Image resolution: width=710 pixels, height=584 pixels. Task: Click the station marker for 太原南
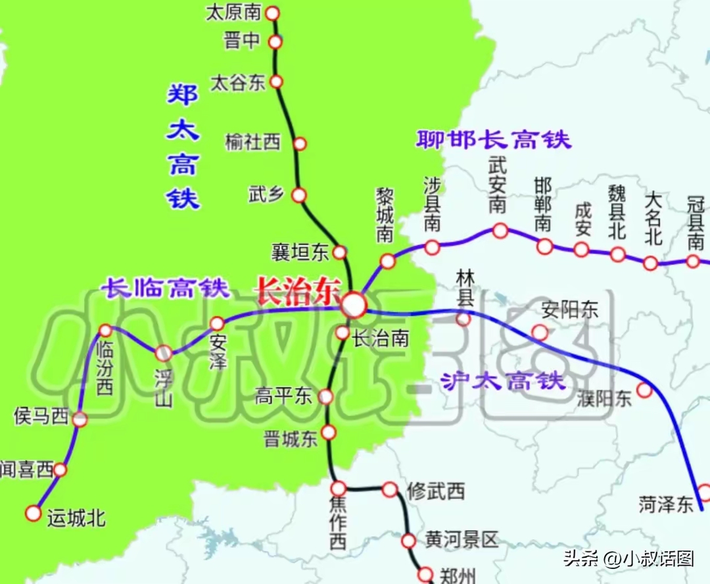(273, 12)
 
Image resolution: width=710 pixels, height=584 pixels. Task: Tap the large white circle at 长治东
(354, 304)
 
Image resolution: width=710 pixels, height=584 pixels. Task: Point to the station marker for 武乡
(299, 195)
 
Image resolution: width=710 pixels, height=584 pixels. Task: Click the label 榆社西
(252, 142)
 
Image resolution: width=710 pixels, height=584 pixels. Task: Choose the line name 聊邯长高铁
(494, 139)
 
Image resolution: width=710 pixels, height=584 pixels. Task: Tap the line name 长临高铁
(165, 288)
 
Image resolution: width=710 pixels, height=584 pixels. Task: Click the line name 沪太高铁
(503, 381)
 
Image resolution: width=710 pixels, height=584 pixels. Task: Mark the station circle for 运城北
(33, 513)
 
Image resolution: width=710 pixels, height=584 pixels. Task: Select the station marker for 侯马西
(80, 419)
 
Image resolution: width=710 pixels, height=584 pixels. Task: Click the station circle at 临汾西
(105, 330)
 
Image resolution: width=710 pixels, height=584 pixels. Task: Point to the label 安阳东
(570, 309)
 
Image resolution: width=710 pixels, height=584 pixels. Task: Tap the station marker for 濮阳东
(644, 390)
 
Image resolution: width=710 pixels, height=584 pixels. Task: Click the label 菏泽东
(666, 504)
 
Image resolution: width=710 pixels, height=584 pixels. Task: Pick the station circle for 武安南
(500, 230)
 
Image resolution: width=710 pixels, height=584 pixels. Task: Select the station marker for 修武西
(390, 489)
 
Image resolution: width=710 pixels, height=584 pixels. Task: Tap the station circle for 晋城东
(329, 432)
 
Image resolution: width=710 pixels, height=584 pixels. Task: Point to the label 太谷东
(237, 82)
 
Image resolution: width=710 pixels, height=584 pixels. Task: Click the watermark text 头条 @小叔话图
(628, 559)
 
